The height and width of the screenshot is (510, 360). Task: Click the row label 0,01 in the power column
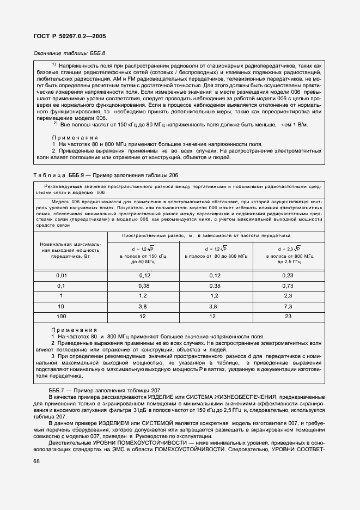(x=61, y=276)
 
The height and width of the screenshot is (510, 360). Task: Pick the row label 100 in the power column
(x=61, y=315)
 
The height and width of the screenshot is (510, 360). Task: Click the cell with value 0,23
(x=287, y=276)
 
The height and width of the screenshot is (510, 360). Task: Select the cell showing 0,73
(x=287, y=286)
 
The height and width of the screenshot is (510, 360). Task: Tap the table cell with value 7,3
(x=287, y=306)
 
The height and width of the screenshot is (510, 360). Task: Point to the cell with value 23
(x=287, y=315)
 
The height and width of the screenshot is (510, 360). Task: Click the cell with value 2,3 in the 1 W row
(x=287, y=295)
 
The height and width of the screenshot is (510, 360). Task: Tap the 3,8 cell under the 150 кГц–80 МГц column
(x=144, y=306)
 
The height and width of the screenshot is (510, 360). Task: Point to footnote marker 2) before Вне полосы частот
(x=55, y=124)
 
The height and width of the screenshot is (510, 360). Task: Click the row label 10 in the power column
(x=61, y=306)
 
